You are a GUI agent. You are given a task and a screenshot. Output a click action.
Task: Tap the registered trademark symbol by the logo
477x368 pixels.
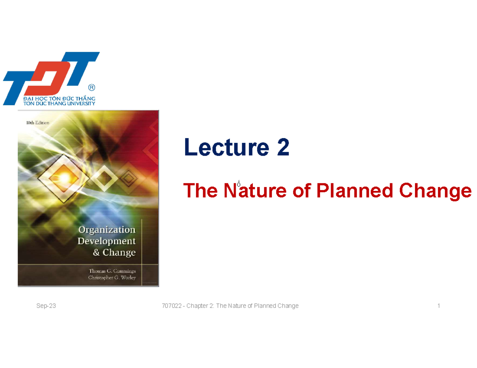point(91,87)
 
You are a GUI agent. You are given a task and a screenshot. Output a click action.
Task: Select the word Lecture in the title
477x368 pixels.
point(223,148)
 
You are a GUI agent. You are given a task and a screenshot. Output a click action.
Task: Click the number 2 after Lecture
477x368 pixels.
point(283,148)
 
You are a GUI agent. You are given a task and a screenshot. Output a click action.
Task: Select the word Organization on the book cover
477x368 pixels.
point(107,230)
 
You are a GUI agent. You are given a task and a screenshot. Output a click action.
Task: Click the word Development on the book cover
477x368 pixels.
point(107,241)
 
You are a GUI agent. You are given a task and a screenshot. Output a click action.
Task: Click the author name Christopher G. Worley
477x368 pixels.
point(112,277)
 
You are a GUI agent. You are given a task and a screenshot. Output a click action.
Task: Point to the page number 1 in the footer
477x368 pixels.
point(438,306)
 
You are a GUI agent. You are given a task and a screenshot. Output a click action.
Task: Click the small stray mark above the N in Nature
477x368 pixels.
point(239,183)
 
